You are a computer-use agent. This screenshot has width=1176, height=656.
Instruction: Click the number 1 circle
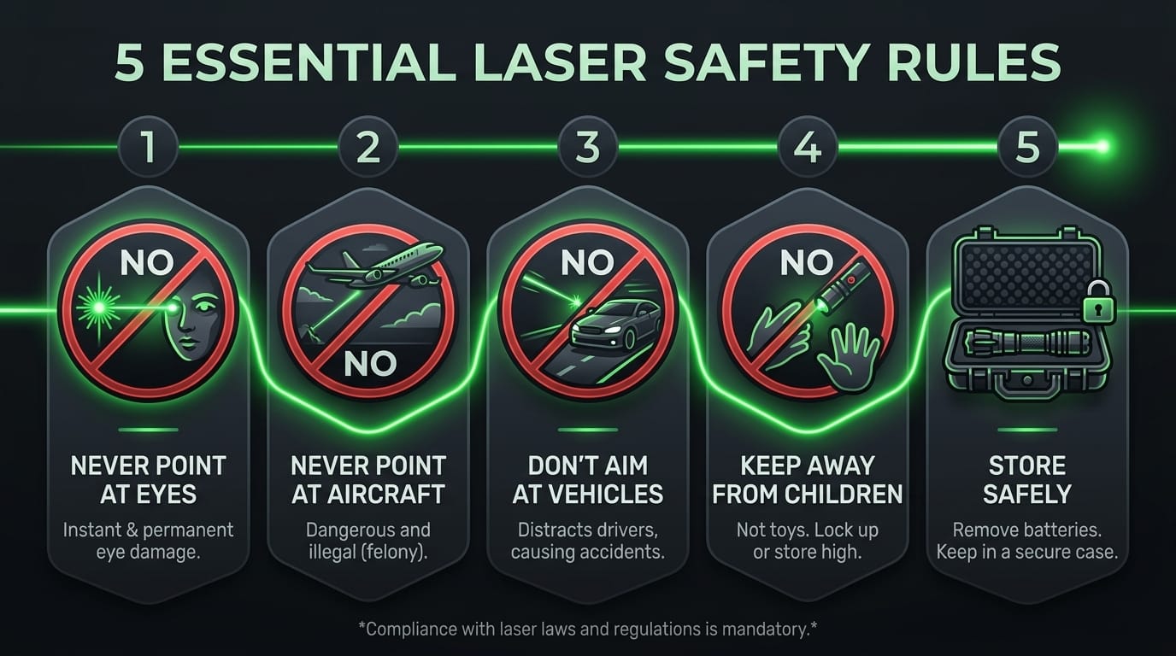(148, 146)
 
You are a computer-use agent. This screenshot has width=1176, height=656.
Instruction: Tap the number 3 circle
(587, 146)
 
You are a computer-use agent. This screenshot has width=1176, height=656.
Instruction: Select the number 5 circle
(1027, 146)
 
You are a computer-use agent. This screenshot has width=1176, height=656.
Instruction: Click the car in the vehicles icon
(615, 325)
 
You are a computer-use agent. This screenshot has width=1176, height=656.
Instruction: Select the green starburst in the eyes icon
(98, 307)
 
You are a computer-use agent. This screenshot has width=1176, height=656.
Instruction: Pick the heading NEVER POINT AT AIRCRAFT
(368, 480)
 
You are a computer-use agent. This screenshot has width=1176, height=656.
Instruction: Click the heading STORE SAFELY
(1027, 480)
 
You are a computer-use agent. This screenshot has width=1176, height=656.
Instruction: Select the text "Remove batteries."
(1027, 530)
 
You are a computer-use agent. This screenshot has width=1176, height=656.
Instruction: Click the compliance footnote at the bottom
(587, 629)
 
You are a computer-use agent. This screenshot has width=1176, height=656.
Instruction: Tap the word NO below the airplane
(370, 364)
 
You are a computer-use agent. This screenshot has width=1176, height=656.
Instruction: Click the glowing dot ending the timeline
(1102, 146)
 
